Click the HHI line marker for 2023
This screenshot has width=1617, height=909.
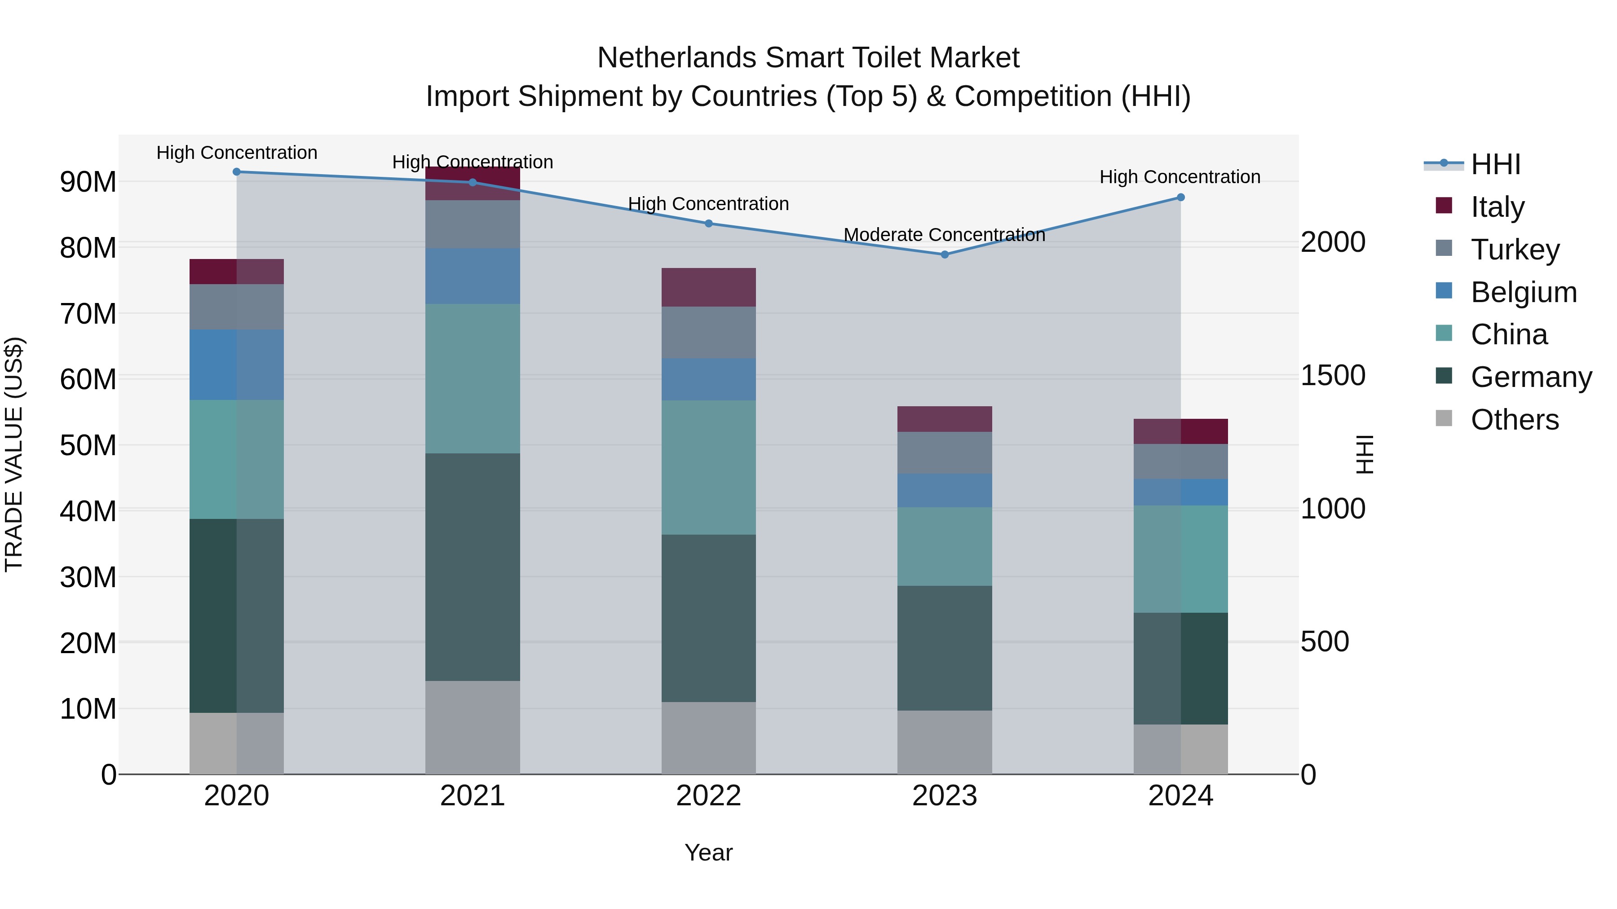(944, 255)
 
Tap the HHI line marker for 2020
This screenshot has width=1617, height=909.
(237, 172)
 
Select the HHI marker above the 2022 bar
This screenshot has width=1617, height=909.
(709, 224)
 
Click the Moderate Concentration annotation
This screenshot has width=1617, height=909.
(944, 235)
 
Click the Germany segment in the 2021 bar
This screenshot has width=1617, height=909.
(473, 566)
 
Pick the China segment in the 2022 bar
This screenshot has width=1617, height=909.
(709, 467)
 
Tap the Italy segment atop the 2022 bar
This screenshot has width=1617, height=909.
(709, 287)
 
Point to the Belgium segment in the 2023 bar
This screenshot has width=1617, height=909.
(944, 491)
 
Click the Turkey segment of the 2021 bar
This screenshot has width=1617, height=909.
(473, 224)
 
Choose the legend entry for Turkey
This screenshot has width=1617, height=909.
(1515, 250)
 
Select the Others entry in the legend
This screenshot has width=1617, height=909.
(1514, 420)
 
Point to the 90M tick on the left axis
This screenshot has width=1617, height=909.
(88, 182)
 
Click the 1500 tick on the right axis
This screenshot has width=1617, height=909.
(1333, 375)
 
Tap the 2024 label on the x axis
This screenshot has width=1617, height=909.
(1180, 796)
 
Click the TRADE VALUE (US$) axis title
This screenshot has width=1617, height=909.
(14, 454)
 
